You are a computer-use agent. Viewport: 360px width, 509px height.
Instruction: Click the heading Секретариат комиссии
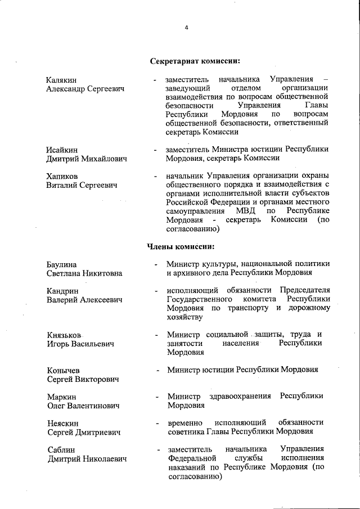click(x=195, y=61)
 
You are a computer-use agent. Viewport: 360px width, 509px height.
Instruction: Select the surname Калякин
click(x=62, y=80)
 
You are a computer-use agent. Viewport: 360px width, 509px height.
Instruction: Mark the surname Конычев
click(x=64, y=370)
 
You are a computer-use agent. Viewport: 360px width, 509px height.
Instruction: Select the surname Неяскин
click(x=63, y=422)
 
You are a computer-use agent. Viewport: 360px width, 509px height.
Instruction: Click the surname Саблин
click(x=61, y=449)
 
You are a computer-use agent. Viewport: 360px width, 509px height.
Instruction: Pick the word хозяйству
click(x=184, y=317)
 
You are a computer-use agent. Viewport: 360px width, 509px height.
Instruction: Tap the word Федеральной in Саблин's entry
click(x=192, y=458)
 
